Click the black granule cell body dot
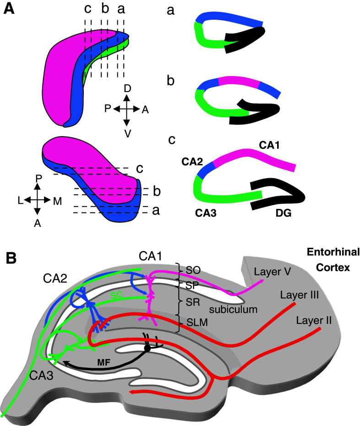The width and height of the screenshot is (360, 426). click(147, 349)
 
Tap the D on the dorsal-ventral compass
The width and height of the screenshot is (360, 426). click(127, 88)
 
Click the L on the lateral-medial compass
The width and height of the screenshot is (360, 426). click(19, 200)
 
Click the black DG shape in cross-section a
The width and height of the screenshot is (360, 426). click(243, 40)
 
